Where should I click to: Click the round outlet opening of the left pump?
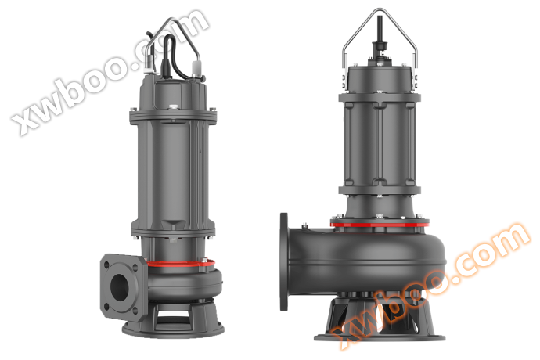[x=120, y=285]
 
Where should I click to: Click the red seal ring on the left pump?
[x=180, y=264]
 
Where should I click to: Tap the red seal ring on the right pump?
[x=380, y=225]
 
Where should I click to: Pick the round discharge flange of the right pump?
[x=284, y=262]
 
